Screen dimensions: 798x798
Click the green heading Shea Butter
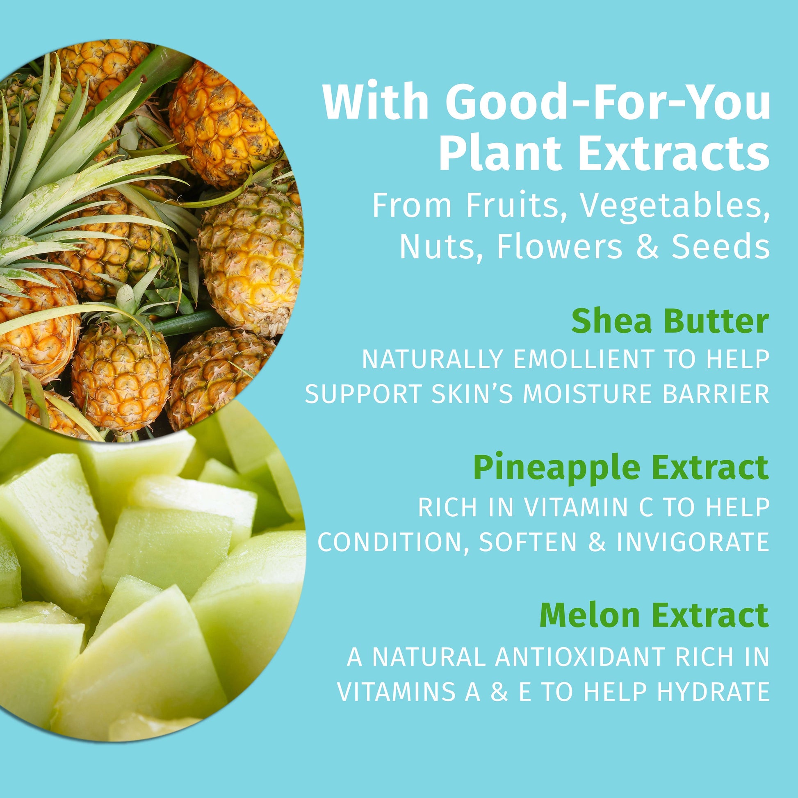pos(670,322)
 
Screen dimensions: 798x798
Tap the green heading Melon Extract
pos(654,616)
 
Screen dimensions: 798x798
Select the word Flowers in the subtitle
pos(559,246)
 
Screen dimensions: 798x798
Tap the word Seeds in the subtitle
pos(720,246)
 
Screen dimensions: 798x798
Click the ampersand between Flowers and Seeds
pos(647,246)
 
